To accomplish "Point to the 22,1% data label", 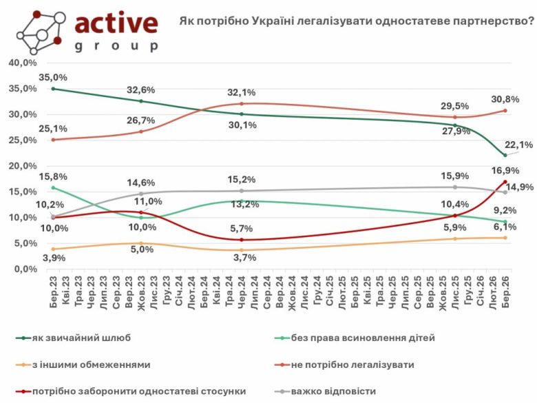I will tap(520, 144).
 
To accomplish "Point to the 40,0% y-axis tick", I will tap(23, 63).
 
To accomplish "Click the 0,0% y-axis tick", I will tap(25, 269).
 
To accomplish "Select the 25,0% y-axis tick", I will tap(23, 140).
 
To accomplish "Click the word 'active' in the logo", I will tap(116, 23).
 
